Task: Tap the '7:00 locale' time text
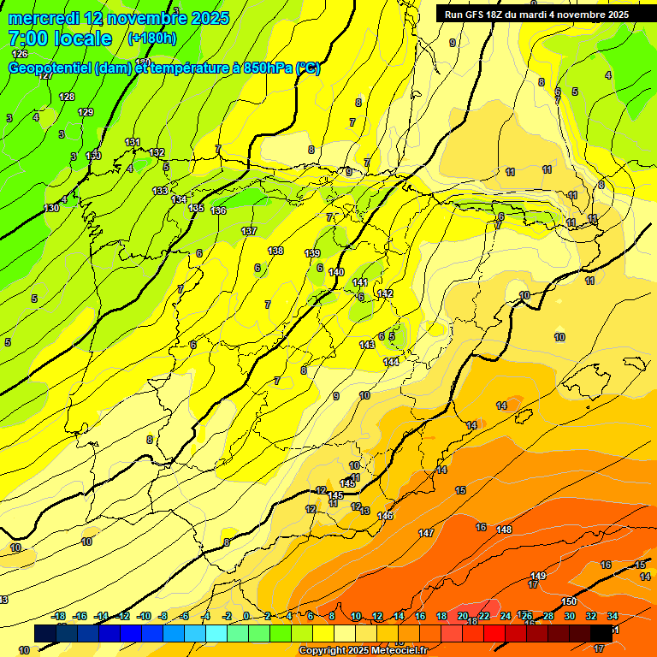(60, 38)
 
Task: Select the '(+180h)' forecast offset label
(151, 38)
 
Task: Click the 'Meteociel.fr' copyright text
(396, 651)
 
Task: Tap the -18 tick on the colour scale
(59, 616)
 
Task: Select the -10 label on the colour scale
(144, 616)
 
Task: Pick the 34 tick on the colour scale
(613, 616)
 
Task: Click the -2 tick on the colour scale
(227, 616)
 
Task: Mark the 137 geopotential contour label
(249, 232)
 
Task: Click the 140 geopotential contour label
(336, 272)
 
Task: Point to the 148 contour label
(504, 530)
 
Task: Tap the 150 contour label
(569, 601)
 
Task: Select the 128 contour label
(67, 97)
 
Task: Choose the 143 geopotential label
(367, 344)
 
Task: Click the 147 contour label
(426, 533)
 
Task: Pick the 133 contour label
(160, 191)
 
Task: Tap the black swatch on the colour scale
(601, 632)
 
